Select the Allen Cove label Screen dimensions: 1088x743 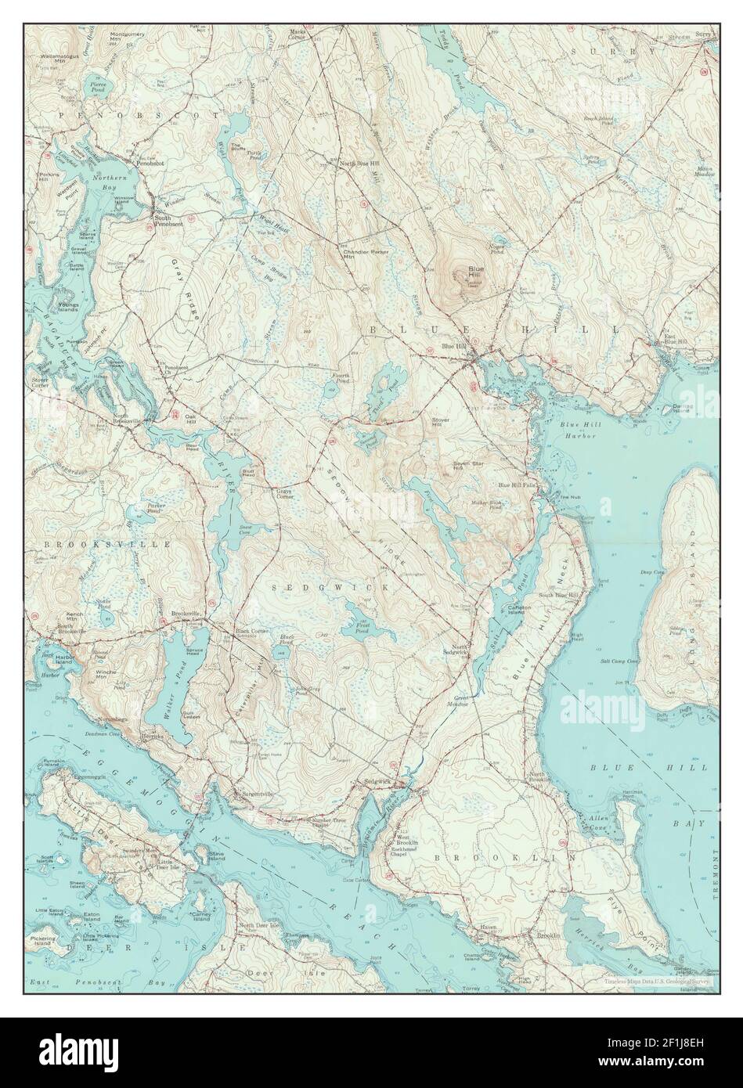pos(598,823)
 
